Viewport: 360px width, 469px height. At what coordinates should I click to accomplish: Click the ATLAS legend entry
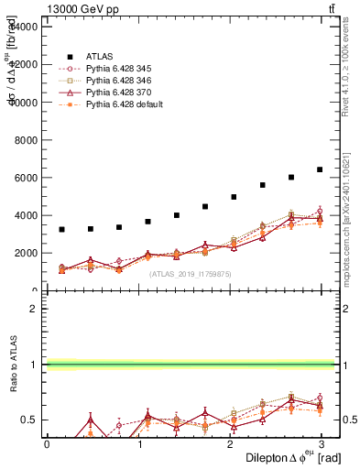click(97, 54)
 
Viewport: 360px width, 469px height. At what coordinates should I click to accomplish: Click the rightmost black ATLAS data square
click(320, 169)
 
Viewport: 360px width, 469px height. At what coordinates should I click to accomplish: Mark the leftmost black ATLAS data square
click(61, 229)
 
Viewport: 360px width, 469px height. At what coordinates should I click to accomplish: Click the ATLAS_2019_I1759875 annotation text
click(183, 274)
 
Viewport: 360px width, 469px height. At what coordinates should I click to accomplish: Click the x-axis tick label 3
click(320, 443)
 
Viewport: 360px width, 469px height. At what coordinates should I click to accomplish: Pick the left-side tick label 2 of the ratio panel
click(34, 309)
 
